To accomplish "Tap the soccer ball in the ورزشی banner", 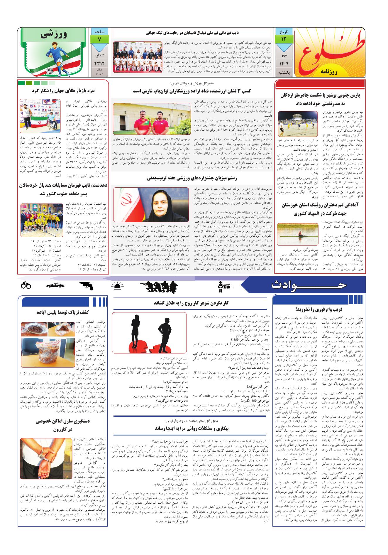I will click(x=49, y=71).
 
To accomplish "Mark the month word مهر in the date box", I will click(x=284, y=55).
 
